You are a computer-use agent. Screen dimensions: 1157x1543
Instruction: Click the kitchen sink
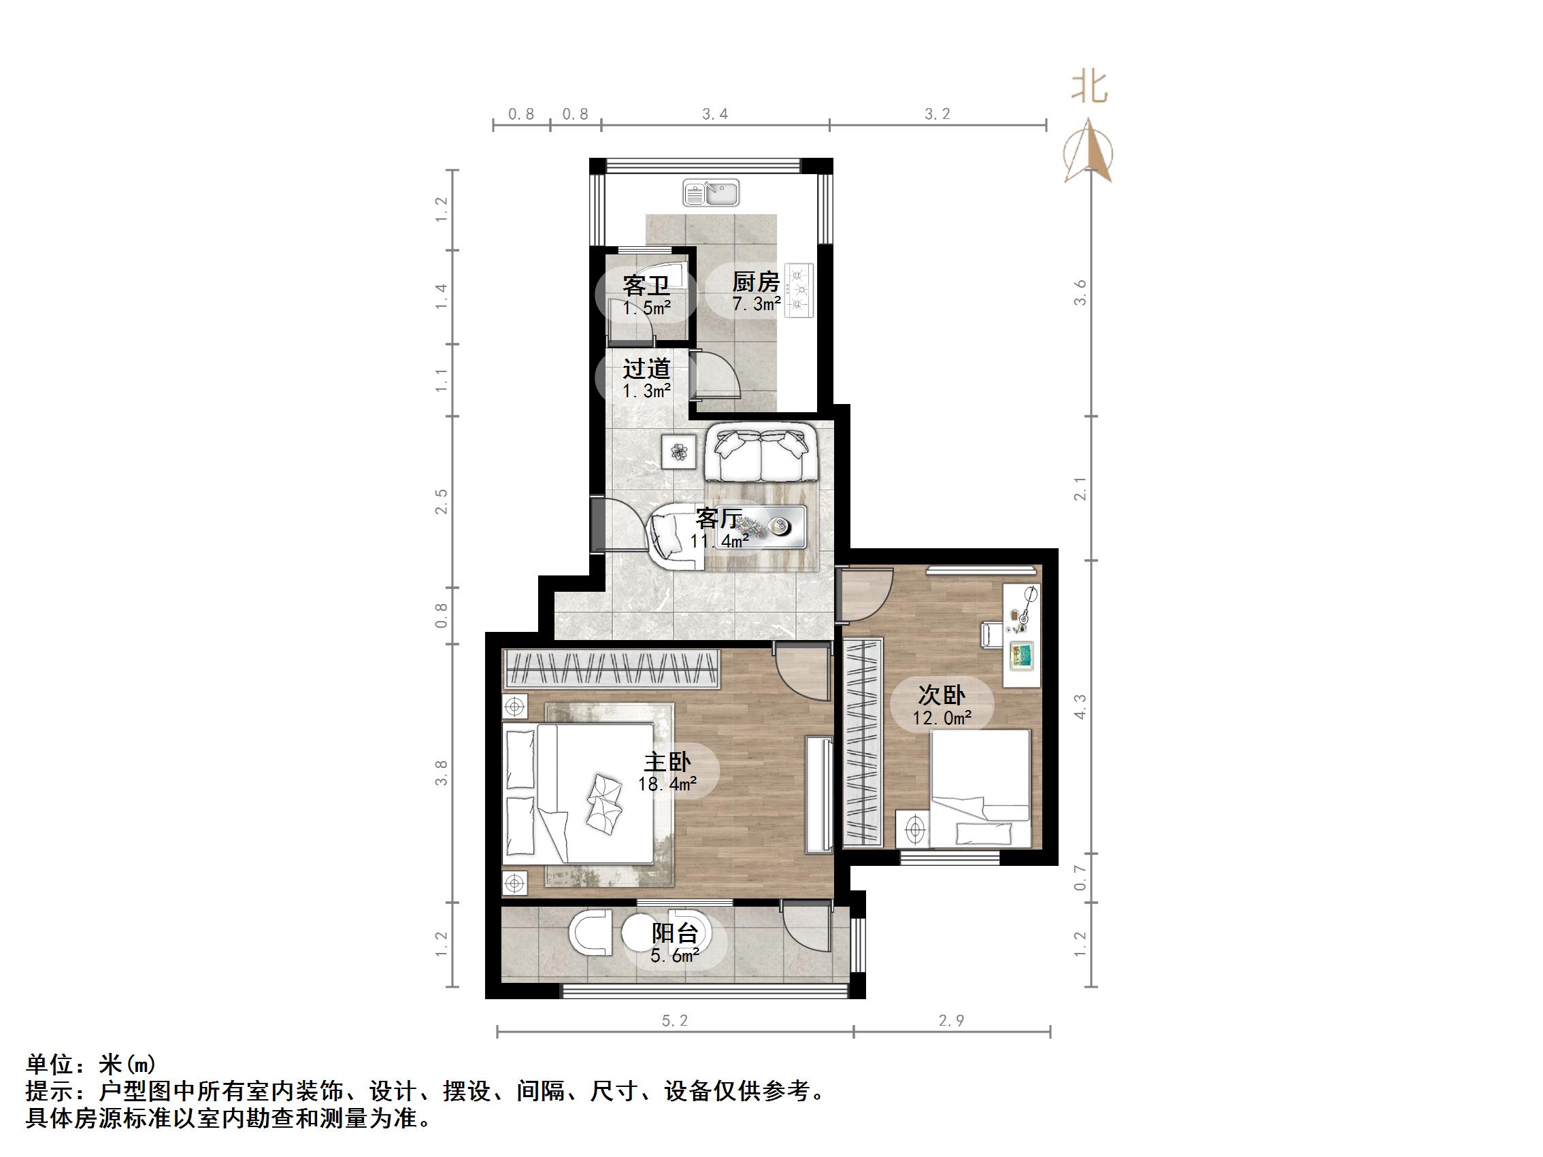pyautogui.click(x=711, y=193)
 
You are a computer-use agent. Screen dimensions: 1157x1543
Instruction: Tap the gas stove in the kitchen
pyautogui.click(x=799, y=290)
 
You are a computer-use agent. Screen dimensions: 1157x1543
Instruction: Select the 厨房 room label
pyautogui.click(x=755, y=282)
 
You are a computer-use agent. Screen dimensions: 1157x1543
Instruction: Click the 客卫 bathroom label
pyautogui.click(x=646, y=285)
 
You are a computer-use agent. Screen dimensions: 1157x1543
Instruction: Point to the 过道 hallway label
pyautogui.click(x=646, y=368)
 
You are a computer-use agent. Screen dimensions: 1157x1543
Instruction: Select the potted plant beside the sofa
pyautogui.click(x=679, y=452)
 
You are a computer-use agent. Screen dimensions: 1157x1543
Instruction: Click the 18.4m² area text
pyautogui.click(x=667, y=784)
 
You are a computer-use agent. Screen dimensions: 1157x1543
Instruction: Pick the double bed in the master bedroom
pyautogui.click(x=579, y=793)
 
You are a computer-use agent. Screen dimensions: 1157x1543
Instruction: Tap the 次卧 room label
pyautogui.click(x=941, y=694)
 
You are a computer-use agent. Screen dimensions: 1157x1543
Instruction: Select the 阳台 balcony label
pyautogui.click(x=674, y=933)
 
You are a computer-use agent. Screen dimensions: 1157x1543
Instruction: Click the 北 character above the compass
pyautogui.click(x=1089, y=88)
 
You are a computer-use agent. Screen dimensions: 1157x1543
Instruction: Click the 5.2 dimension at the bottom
pyautogui.click(x=674, y=1021)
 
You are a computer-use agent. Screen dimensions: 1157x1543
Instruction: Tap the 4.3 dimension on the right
pyautogui.click(x=1080, y=707)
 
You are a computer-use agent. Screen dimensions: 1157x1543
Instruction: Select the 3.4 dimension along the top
pyautogui.click(x=715, y=114)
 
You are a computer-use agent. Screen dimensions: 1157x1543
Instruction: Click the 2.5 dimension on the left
pyautogui.click(x=441, y=502)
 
